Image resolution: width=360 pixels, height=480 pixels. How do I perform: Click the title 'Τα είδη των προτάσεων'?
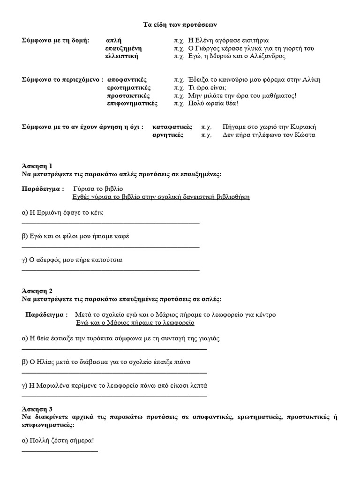click(180, 24)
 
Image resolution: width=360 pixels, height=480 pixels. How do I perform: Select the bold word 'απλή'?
click(114, 40)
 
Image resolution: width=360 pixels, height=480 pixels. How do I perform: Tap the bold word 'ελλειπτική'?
click(121, 56)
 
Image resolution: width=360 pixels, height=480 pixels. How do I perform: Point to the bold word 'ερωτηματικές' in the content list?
click(128, 88)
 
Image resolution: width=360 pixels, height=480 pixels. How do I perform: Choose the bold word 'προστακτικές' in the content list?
click(128, 96)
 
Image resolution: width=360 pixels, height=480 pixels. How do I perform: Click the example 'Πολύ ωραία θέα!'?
click(213, 104)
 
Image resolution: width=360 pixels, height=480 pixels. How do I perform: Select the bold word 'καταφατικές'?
click(172, 127)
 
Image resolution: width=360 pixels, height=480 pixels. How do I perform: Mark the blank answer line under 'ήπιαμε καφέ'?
click(111, 246)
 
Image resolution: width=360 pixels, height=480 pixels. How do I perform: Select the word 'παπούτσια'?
click(107, 260)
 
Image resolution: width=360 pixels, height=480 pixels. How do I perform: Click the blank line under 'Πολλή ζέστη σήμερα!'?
click(60, 451)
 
